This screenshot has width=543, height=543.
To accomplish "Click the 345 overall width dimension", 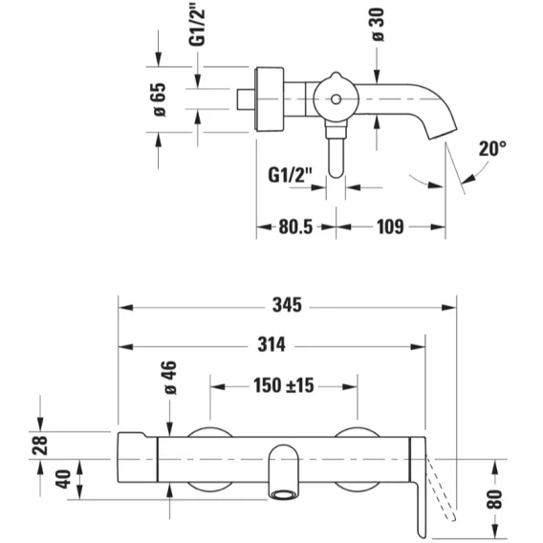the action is tap(287, 306).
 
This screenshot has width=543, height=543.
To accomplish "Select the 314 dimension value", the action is tap(271, 345).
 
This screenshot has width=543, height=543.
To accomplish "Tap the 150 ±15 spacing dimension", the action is tap(284, 385).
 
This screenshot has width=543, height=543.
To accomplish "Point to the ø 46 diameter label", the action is tap(170, 378).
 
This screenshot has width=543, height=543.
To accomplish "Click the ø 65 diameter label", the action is tap(160, 99).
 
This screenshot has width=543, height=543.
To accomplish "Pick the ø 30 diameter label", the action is tap(378, 25).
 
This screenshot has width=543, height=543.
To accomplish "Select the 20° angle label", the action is tap(492, 148).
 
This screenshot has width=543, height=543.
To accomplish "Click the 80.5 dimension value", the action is tap(295, 228).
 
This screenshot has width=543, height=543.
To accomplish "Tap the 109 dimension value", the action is tap(390, 228).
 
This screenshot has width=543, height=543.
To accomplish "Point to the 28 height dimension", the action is tap(39, 445).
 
